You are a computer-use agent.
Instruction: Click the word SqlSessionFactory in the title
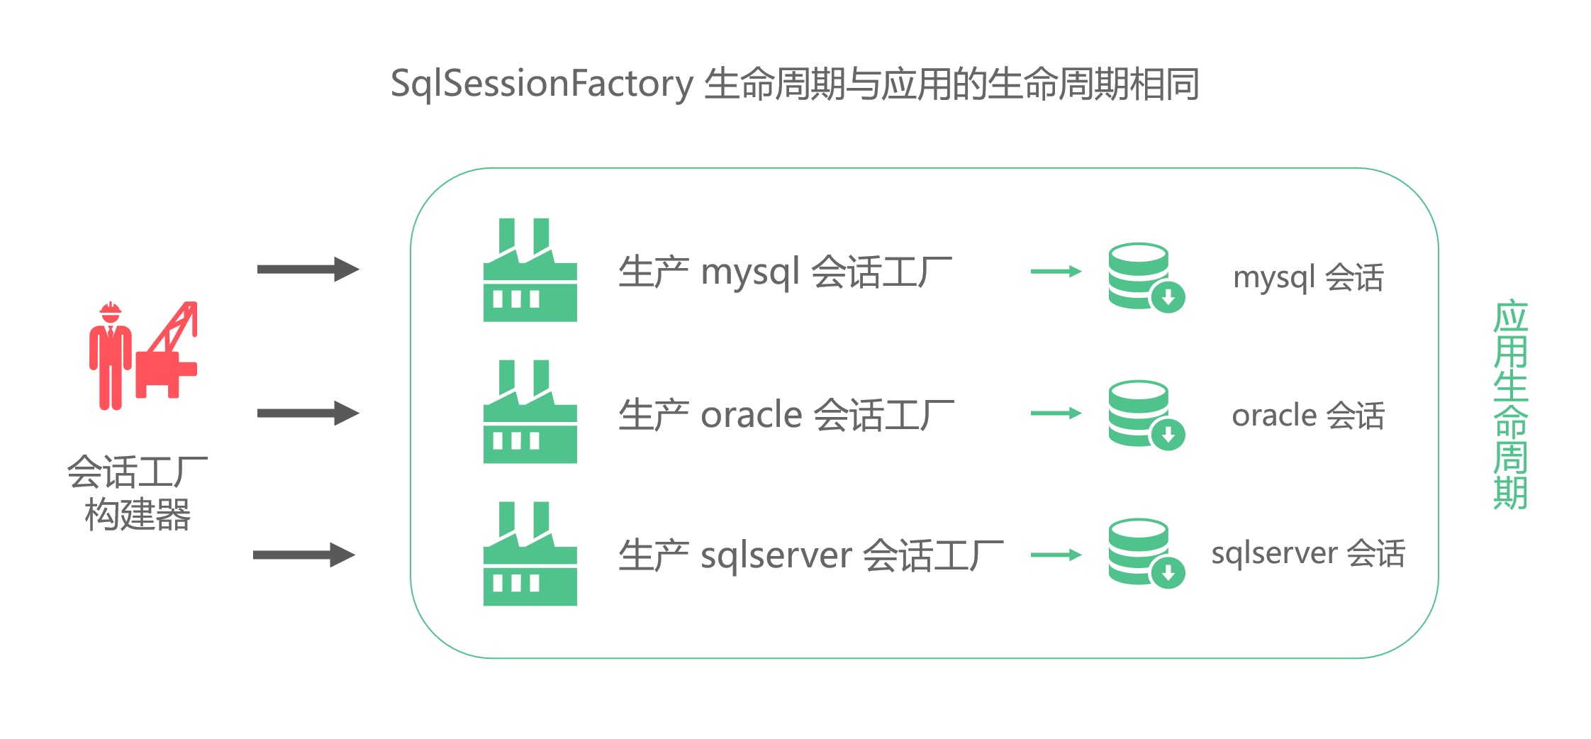pos(542,84)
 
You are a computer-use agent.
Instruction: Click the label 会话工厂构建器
pos(138,493)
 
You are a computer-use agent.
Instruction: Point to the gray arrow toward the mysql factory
pos(308,270)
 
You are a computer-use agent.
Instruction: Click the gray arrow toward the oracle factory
pos(308,413)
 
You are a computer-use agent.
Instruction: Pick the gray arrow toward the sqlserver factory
pos(303,555)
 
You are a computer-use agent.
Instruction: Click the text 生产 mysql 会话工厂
pos(785,272)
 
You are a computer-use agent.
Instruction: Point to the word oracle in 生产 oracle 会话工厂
pos(751,415)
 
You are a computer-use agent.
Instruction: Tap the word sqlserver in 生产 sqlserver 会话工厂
pos(776,555)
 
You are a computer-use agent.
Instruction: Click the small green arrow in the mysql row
pos(1056,271)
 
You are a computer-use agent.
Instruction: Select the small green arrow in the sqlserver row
pos(1056,555)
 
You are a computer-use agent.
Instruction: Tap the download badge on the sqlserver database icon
pos(1168,573)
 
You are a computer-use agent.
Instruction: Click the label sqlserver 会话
pos(1308,553)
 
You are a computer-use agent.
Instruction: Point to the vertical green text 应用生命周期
pos(1510,404)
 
